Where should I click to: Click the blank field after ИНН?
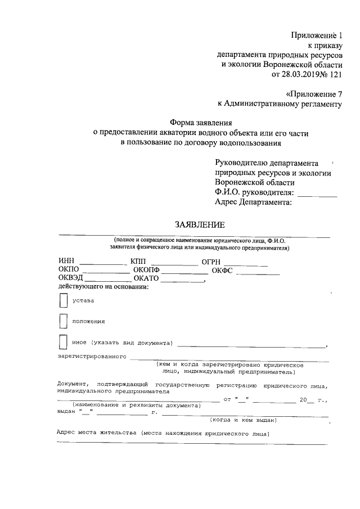pyautogui.click(x=103, y=262)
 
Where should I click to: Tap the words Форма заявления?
pyautogui.click(x=201, y=122)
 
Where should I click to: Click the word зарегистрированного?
pyautogui.click(x=91, y=357)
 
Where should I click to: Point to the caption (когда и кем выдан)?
pyautogui.click(x=242, y=420)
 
